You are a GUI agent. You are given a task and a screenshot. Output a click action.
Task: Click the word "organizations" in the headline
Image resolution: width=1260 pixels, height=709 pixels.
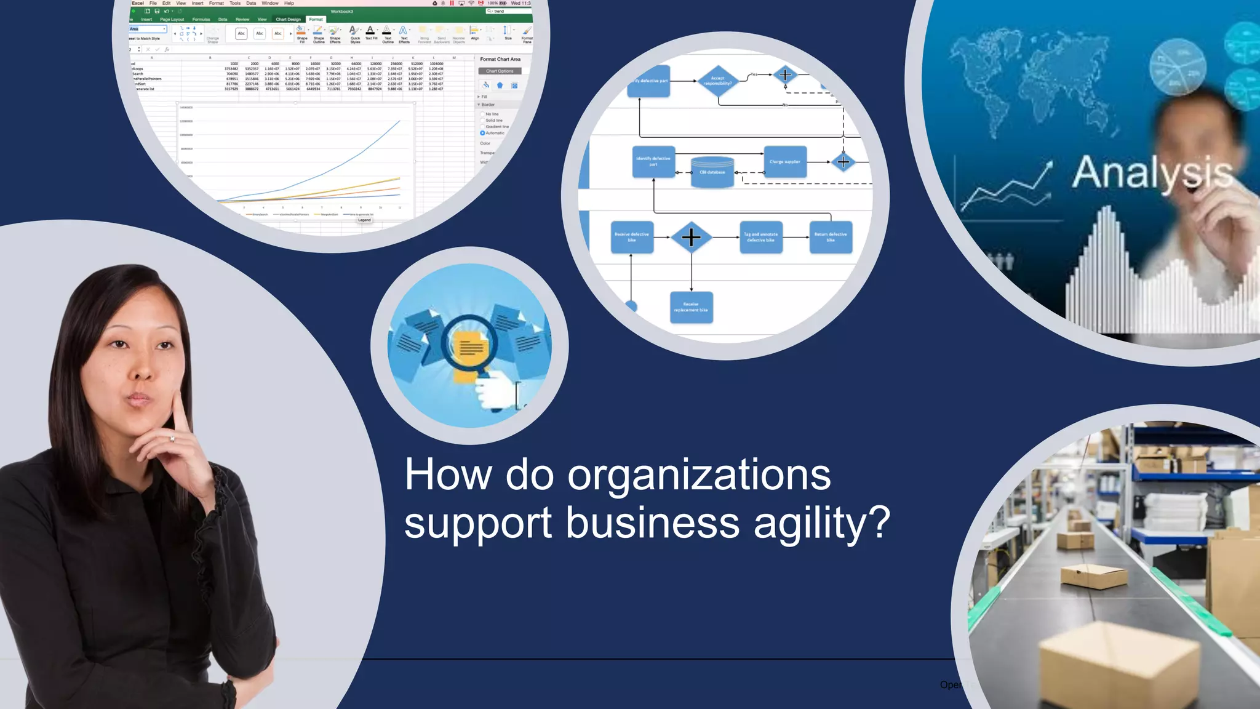[699, 476]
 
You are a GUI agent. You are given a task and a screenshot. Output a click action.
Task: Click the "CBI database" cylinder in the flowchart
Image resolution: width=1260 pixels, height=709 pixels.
[712, 171]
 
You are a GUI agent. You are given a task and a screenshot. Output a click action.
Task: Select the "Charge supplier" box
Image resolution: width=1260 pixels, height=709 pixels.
[784, 162]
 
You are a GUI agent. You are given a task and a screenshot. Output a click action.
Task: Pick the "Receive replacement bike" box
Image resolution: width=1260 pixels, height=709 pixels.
[691, 307]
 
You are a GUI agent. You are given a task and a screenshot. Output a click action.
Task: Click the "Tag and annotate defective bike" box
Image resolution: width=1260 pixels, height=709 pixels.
[761, 237]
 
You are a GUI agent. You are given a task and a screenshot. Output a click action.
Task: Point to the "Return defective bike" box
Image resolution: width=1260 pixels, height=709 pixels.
[831, 237]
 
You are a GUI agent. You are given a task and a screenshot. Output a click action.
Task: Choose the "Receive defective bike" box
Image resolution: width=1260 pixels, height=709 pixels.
[632, 237]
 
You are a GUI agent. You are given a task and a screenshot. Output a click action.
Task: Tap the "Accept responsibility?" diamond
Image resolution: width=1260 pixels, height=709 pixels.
[717, 81]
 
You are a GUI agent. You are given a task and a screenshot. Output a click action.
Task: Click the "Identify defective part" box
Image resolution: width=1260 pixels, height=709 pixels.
[653, 161]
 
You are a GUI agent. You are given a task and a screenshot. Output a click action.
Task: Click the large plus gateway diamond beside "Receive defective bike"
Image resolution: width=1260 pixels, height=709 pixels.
[691, 237]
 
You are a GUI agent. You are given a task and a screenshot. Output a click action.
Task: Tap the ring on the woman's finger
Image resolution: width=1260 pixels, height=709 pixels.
[172, 438]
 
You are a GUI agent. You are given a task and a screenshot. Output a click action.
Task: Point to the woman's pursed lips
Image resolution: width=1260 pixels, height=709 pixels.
[138, 401]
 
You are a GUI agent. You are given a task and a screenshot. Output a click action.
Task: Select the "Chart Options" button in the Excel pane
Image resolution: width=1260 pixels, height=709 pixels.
[500, 71]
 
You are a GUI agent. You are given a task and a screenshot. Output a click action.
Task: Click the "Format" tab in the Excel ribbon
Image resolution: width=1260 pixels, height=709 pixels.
[316, 19]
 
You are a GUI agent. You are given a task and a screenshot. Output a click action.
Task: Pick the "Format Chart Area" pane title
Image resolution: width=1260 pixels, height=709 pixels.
[500, 59]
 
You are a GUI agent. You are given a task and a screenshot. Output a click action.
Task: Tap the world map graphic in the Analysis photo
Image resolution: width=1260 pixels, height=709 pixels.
[1040, 80]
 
